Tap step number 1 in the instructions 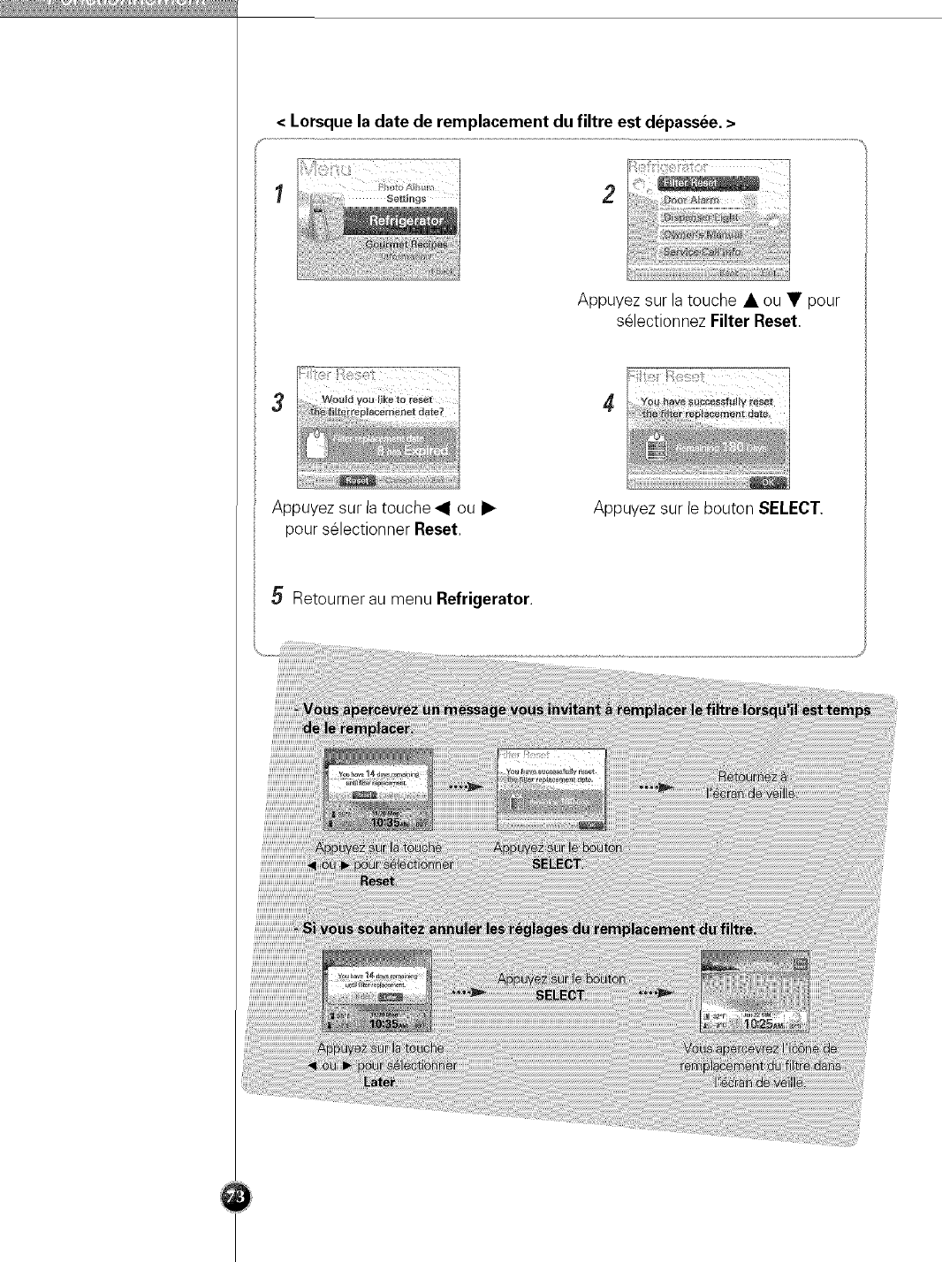[279, 194]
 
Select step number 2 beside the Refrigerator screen [608, 194]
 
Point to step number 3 [278, 403]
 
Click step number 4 [608, 403]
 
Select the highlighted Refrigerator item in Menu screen [406, 221]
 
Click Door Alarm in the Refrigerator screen [690, 201]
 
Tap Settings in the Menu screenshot [406, 199]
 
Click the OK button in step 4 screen [765, 482]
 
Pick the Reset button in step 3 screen [358, 481]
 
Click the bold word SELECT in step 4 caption [790, 508]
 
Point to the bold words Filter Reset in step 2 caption [754, 322]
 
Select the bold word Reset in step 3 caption [437, 529]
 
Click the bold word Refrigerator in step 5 [482, 599]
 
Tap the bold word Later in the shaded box [379, 1082]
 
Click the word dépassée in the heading [682, 122]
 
